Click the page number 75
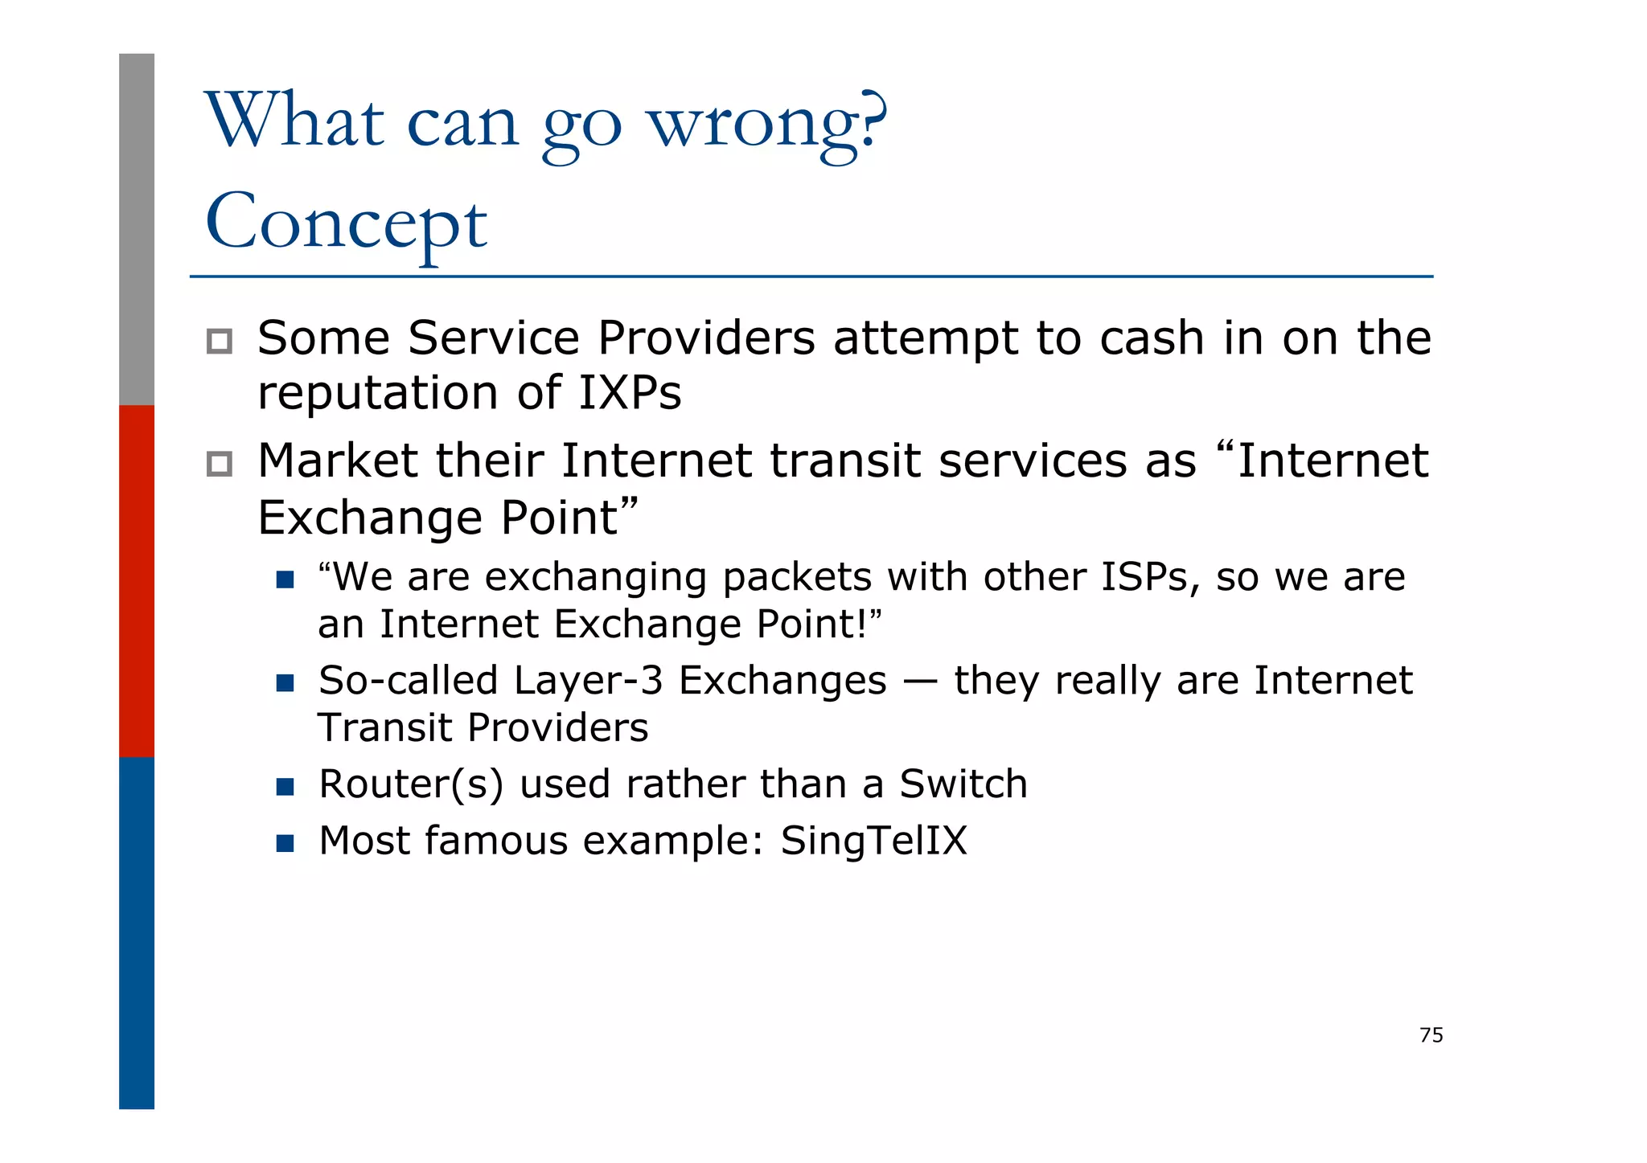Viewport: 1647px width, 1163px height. [1431, 1035]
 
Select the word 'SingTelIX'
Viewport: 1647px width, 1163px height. [873, 841]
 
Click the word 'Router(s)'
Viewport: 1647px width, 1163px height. [411, 784]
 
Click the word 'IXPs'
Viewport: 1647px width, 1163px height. [630, 394]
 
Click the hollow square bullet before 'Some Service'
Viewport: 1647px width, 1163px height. [219, 342]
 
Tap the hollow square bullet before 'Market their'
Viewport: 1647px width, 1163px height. [219, 464]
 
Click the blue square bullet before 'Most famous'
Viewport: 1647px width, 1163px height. [285, 843]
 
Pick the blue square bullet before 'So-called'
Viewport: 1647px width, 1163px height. [285, 683]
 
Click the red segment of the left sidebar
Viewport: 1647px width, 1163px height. [137, 580]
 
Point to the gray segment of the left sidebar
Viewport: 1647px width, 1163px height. [137, 229]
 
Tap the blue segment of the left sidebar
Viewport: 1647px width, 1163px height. [137, 932]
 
